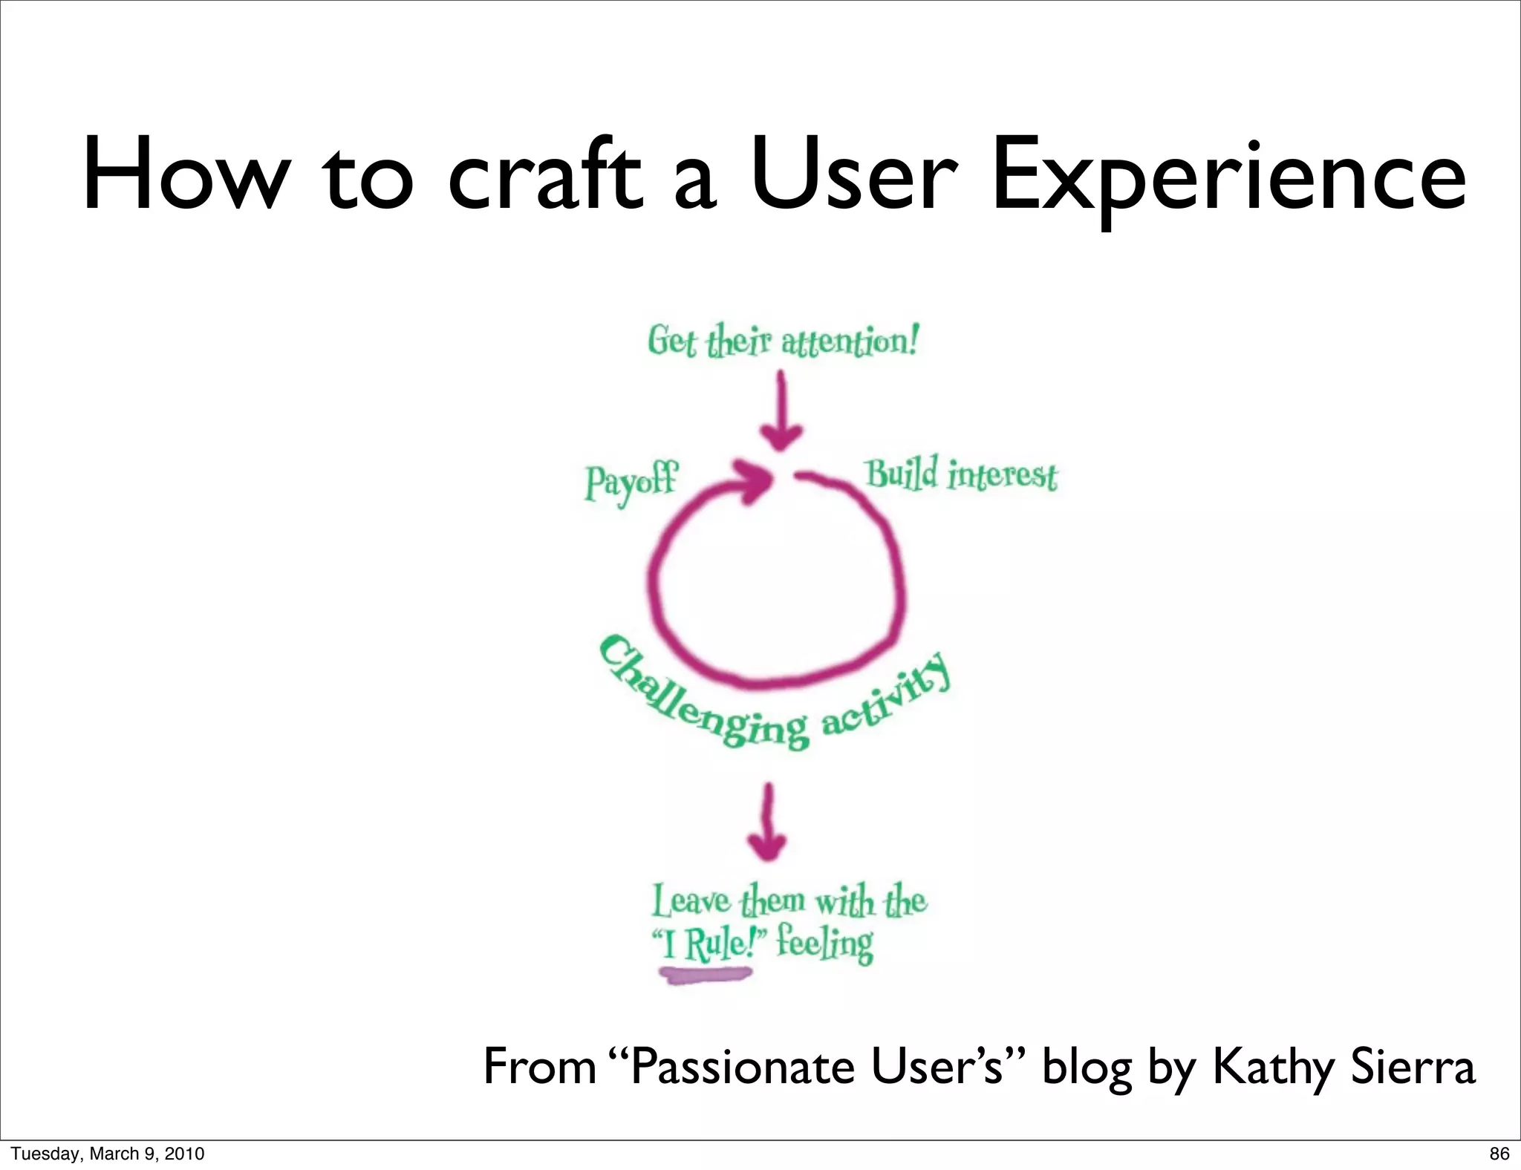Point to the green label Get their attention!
[x=783, y=341]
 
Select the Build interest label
[x=961, y=475]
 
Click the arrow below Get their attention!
[x=781, y=412]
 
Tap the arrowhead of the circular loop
[x=754, y=481]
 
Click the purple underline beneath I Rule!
[x=706, y=975]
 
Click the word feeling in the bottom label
[x=825, y=944]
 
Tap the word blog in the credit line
[x=1087, y=1068]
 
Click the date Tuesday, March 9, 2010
[x=108, y=1154]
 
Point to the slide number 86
[x=1499, y=1154]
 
